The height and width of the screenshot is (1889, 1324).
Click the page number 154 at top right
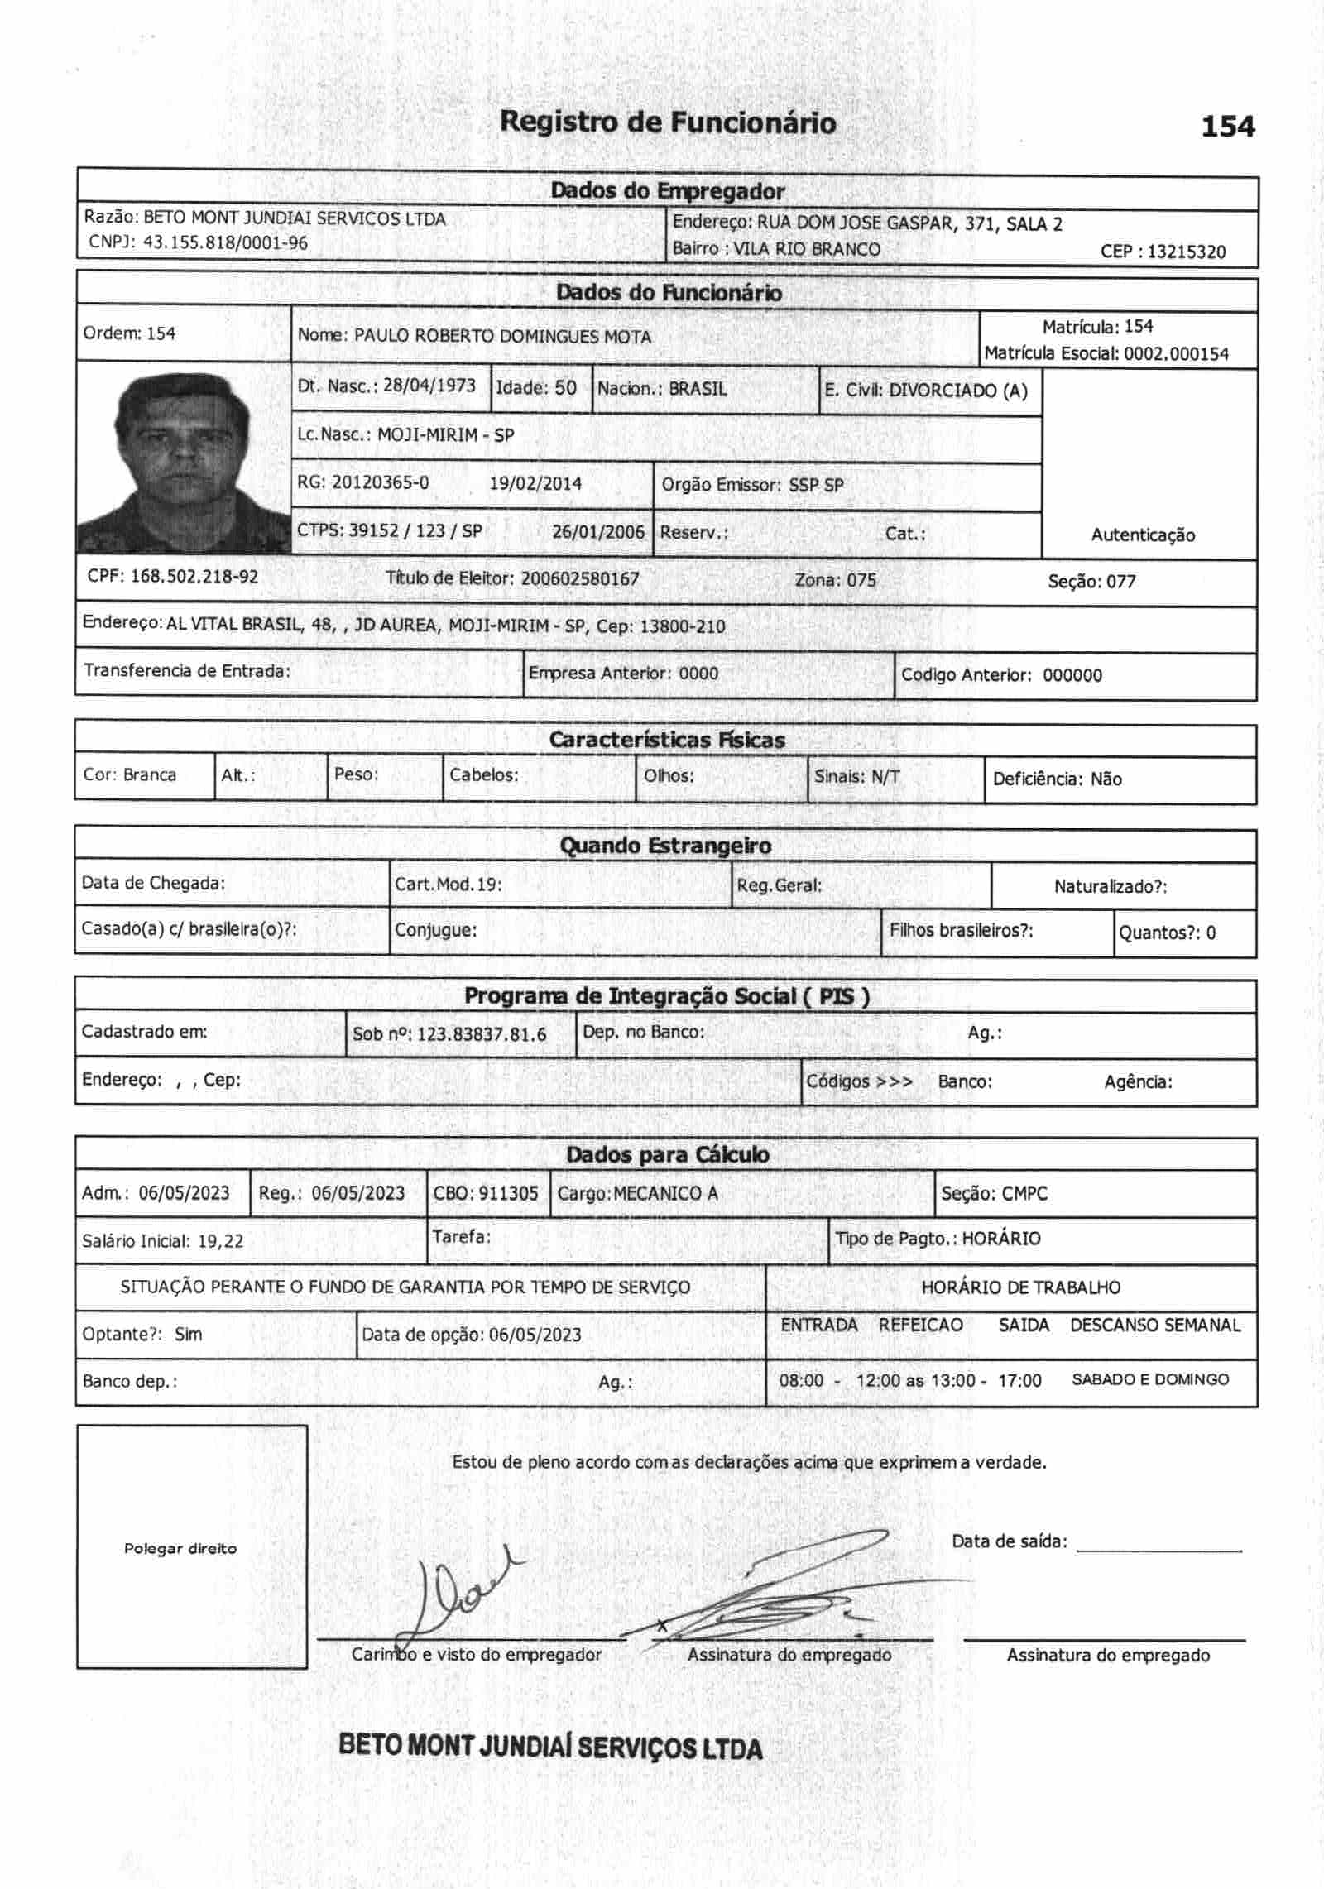1227,127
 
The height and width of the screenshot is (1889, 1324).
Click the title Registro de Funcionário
668,122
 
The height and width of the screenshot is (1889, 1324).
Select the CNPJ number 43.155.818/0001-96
225,242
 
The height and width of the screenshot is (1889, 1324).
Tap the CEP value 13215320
1187,252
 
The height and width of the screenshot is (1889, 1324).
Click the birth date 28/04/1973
429,386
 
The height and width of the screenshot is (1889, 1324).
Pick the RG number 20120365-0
380,482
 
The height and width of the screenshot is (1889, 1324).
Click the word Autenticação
1142,535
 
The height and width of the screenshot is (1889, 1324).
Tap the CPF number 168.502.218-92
194,577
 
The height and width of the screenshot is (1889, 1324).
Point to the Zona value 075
861,580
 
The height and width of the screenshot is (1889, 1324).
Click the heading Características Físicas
667,740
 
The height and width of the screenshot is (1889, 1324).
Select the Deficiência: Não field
1057,779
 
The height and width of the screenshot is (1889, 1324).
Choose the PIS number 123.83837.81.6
482,1034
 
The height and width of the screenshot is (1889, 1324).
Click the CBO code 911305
508,1193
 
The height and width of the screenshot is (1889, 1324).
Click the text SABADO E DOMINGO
1150,1379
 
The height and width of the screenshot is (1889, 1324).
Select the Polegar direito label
180,1548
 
